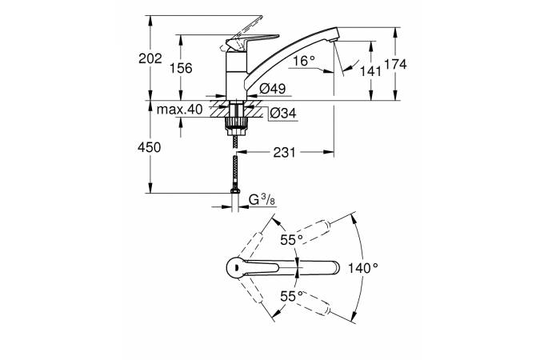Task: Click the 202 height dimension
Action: coord(150,58)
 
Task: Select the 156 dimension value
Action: coord(182,68)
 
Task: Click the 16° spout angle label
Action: coord(304,61)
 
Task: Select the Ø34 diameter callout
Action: coord(282,114)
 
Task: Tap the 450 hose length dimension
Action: coord(150,147)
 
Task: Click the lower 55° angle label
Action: coord(290,296)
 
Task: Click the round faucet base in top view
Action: coord(236,268)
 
